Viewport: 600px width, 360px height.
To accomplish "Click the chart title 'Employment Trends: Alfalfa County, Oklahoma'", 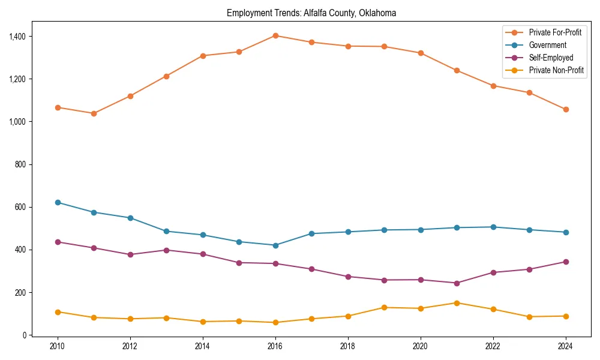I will (x=311, y=13).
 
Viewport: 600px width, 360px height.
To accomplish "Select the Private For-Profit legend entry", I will (x=555, y=32).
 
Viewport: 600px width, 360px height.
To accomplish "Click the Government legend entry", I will (x=547, y=45).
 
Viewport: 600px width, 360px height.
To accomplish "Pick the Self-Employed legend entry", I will (x=551, y=58).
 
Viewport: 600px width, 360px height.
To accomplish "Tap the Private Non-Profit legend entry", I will (x=556, y=70).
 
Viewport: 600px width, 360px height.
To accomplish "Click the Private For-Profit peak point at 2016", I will (x=275, y=35).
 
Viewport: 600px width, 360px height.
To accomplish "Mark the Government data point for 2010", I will (x=58, y=202).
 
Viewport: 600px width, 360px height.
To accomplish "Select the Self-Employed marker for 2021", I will (x=457, y=283).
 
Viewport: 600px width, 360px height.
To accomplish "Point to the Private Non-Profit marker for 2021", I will (x=457, y=303).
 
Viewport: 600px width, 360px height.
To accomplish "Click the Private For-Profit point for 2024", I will (x=566, y=109).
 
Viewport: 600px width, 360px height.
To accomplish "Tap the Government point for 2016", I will (x=275, y=245).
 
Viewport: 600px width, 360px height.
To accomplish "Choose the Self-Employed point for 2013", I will (x=166, y=250).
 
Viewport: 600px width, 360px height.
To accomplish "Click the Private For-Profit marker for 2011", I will (x=94, y=113).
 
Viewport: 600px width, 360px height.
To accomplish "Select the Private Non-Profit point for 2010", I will (x=58, y=312).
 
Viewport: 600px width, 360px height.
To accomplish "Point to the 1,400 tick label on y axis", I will (x=17, y=37).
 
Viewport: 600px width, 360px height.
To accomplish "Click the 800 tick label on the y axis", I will (x=21, y=164).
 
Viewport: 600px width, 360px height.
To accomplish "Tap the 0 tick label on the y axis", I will (x=25, y=335).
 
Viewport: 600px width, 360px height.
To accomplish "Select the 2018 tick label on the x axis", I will (x=348, y=346).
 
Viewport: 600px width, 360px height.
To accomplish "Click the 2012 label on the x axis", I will (x=130, y=346).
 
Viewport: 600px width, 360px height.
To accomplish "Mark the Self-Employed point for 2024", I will (x=566, y=262).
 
